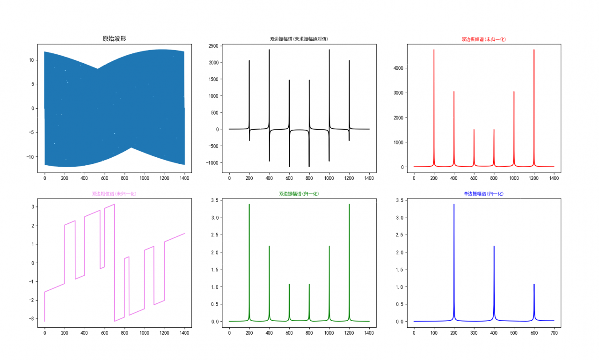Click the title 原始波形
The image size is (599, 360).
tap(114, 39)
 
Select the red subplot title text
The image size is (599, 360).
tap(483, 39)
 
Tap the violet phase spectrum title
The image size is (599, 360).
tap(114, 193)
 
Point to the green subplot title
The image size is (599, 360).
tap(299, 193)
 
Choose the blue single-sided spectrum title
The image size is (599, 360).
tap(483, 193)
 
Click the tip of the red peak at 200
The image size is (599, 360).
tap(434, 50)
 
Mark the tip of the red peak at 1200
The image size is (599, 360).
tap(533, 50)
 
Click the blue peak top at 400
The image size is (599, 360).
tap(494, 246)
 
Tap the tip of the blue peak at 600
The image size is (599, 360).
tap(534, 284)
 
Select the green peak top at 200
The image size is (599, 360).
tap(249, 204)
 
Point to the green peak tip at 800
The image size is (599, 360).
tap(309, 284)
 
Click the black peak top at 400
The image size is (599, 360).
tap(269, 50)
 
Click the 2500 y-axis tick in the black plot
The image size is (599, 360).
tap(213, 46)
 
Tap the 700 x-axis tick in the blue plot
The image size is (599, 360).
tap(554, 333)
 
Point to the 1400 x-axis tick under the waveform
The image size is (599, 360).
tap(184, 178)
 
